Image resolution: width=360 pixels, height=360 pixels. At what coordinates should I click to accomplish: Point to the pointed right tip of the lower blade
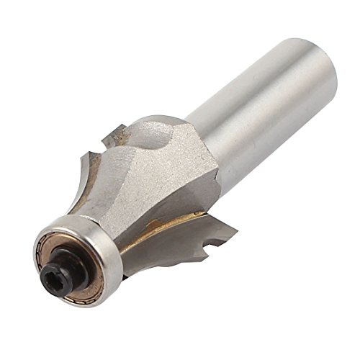[x=235, y=229]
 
